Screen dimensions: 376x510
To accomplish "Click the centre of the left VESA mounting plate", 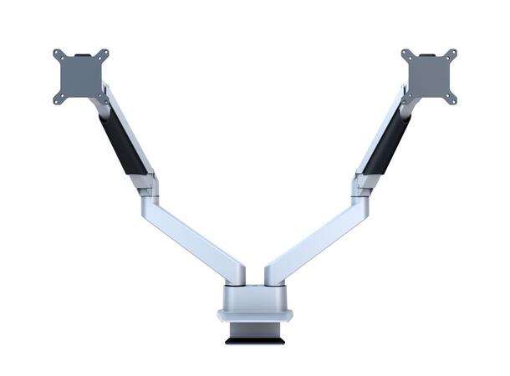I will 81,76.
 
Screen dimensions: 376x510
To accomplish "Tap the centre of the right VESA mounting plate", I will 428,76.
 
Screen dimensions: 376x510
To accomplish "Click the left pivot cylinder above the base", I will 237,275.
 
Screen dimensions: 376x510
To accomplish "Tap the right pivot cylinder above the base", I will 273,275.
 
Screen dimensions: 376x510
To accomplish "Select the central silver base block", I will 255,297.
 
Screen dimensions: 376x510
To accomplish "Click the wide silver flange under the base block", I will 255,316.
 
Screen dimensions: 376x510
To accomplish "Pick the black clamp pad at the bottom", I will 255,339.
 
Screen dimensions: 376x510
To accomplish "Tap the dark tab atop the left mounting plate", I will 81,56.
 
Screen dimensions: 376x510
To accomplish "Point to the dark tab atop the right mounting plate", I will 428,56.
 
